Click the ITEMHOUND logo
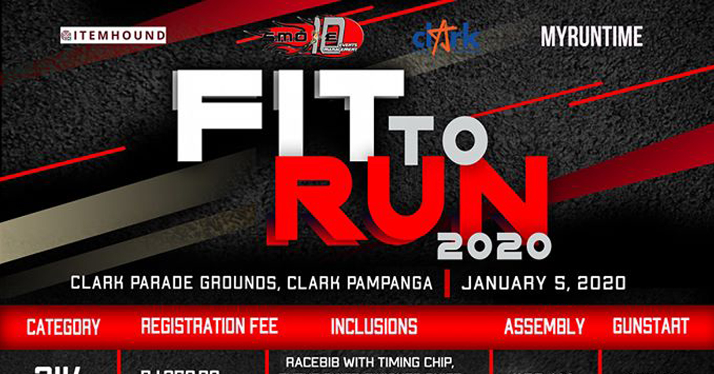point(113,36)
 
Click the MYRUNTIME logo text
point(591,37)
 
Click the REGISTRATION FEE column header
point(209,326)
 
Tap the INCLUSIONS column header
point(374,326)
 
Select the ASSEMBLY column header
point(544,326)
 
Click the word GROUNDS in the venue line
point(237,282)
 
